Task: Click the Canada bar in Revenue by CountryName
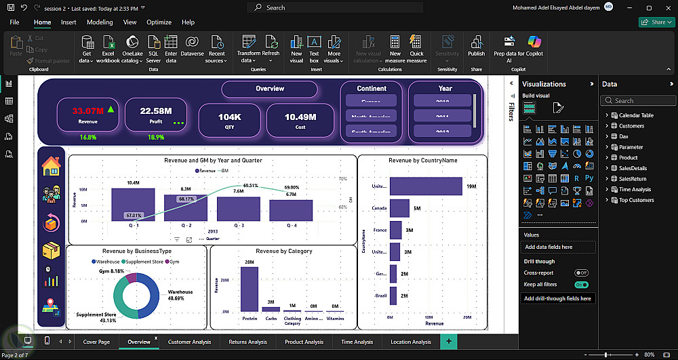tap(400, 208)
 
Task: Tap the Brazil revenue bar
tap(393, 296)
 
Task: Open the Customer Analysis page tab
tap(189, 342)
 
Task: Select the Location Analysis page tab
tap(411, 342)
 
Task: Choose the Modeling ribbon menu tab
tap(100, 22)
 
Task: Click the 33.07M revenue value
tap(87, 111)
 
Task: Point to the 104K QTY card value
tap(229, 117)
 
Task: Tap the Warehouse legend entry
tap(107, 261)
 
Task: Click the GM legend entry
tap(224, 171)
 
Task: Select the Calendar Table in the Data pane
tap(636, 115)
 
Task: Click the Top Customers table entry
tap(636, 200)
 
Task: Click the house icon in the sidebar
tap(52, 166)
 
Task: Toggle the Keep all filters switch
tap(581, 285)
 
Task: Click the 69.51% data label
tap(250, 185)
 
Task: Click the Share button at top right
tap(655, 22)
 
